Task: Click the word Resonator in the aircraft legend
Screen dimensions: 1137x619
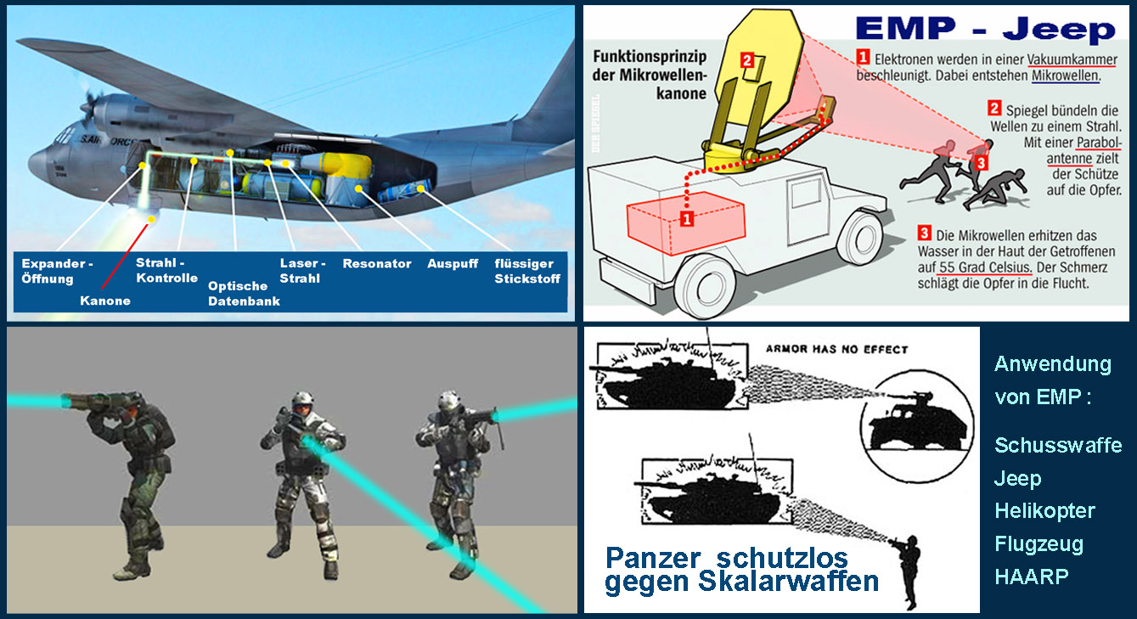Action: coord(377,263)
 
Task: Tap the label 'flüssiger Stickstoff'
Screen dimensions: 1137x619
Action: coord(527,271)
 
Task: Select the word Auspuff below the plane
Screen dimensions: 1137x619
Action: coord(453,264)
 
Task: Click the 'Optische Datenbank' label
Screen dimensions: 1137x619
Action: coord(244,293)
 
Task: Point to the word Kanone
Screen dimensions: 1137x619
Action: coord(105,301)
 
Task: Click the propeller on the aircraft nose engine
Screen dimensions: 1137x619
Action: coord(89,104)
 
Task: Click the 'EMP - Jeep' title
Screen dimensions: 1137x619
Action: coord(985,29)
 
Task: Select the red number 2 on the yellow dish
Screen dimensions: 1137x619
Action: coord(747,60)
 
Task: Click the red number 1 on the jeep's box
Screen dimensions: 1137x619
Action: coord(687,219)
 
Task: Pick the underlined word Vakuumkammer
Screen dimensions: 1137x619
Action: coord(1072,60)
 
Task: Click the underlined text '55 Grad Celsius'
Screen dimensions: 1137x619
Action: coord(985,267)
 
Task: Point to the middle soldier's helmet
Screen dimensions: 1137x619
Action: coord(303,400)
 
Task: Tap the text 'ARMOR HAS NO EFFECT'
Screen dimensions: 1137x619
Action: coord(836,349)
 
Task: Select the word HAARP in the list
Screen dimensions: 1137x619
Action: coord(1032,577)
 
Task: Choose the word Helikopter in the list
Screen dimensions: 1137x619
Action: coord(1044,511)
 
